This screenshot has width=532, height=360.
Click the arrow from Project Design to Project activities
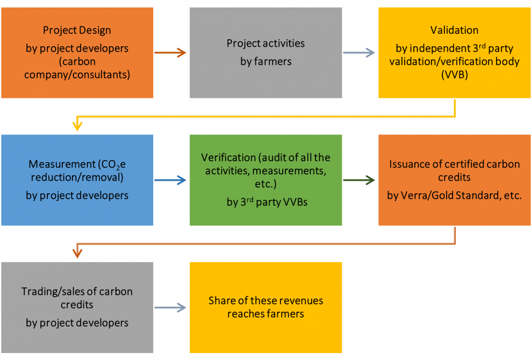[171, 53]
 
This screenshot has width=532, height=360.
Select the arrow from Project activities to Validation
[360, 53]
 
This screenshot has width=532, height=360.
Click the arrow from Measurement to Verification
[171, 181]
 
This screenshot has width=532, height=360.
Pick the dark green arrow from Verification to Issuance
[360, 181]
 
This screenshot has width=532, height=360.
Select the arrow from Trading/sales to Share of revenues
[171, 308]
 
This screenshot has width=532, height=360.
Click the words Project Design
[77, 30]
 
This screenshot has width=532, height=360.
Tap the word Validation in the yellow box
[454, 30]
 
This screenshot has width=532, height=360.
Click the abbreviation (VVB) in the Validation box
[454, 75]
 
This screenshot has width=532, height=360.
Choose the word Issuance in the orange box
[411, 164]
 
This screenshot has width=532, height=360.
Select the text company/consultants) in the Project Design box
[77, 75]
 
